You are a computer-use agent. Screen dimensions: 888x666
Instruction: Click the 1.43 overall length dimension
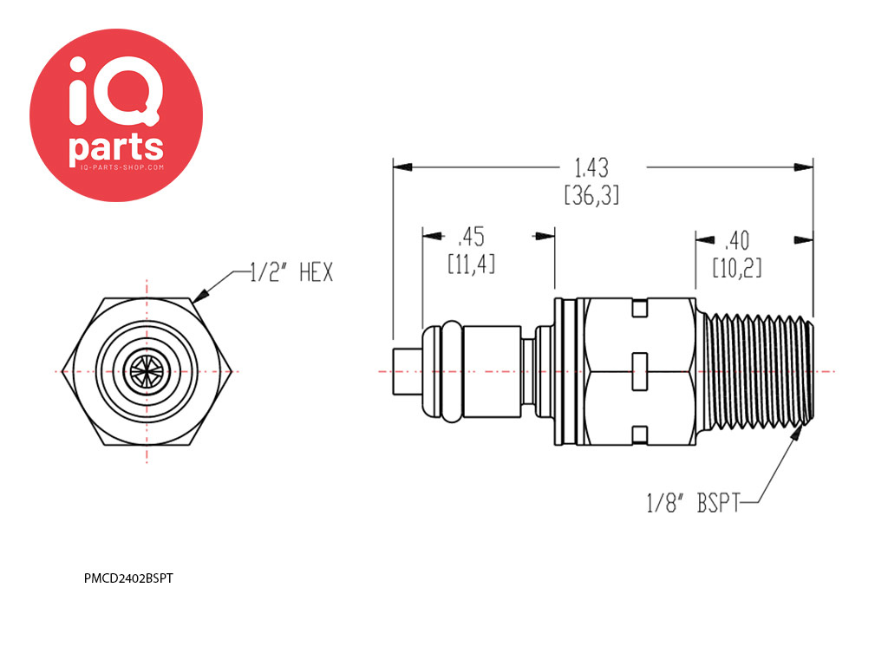click(591, 168)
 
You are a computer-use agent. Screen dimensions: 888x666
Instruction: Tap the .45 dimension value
click(471, 238)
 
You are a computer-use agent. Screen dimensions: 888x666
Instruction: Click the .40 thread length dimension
click(737, 241)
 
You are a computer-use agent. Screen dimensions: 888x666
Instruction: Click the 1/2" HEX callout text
click(291, 272)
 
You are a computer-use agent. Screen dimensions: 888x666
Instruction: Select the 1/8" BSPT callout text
click(693, 503)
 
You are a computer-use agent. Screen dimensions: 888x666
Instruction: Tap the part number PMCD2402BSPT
click(128, 578)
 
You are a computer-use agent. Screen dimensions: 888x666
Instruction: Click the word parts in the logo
click(116, 148)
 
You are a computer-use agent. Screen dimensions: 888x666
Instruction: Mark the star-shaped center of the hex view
click(147, 372)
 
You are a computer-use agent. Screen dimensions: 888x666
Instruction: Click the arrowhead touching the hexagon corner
click(201, 295)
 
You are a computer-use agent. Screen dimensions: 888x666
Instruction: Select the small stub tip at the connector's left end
click(408, 371)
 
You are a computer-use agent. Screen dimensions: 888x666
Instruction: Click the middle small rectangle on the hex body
click(639, 371)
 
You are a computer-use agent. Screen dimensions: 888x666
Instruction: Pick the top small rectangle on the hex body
click(639, 309)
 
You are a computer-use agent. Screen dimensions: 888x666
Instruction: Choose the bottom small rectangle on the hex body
click(639, 434)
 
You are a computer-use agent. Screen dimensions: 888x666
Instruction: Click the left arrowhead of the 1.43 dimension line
click(402, 167)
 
